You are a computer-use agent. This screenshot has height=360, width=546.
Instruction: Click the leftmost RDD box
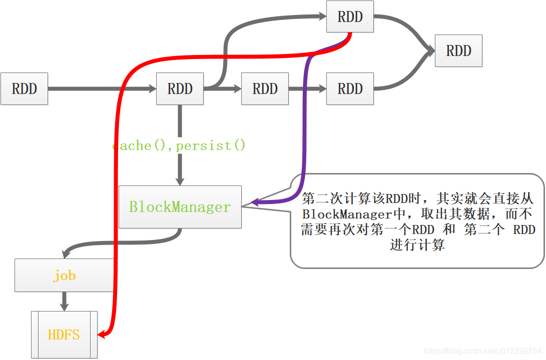coord(24,88)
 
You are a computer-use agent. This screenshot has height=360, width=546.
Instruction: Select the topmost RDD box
coord(350,16)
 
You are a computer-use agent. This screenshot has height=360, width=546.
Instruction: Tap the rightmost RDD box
coord(458,50)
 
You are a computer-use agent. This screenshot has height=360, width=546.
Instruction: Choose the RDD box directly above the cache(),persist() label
coord(180,88)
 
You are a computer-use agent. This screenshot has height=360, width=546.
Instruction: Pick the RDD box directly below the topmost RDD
coord(350,88)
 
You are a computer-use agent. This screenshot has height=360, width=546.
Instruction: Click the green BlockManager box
coord(180,207)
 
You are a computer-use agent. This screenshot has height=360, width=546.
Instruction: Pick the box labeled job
coord(64,275)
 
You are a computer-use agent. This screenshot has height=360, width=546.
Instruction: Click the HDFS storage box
coord(64,334)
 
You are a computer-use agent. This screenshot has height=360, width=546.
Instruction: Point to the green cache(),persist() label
coord(179,145)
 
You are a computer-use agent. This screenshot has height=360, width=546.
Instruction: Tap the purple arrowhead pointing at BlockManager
coord(255,202)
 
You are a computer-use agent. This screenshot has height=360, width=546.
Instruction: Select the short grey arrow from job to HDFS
coord(64,301)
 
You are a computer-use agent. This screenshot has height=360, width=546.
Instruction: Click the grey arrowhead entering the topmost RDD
coord(321,16)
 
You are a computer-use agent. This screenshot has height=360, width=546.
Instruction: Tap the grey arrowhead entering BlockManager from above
coord(180,180)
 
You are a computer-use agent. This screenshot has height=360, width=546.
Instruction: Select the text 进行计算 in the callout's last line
coord(417,245)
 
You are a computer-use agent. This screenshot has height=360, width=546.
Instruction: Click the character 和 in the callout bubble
coord(449,229)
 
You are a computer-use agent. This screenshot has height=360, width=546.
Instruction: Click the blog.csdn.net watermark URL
coord(483,351)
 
